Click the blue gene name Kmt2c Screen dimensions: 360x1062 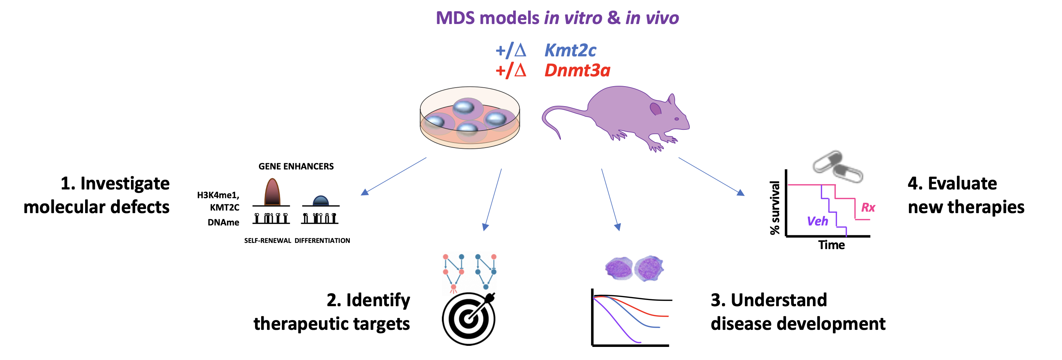[570, 50]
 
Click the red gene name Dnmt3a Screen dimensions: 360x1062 [577, 71]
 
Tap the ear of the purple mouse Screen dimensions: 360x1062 [655, 108]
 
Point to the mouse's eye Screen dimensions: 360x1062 [676, 119]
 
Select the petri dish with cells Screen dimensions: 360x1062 [470, 117]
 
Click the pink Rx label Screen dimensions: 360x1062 [868, 207]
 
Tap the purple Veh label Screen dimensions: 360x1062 [817, 221]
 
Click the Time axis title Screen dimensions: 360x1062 [831, 245]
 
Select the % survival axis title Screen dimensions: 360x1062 [775, 208]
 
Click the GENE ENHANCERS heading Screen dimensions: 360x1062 [296, 167]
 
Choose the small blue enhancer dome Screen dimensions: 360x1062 [321, 200]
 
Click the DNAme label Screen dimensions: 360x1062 [223, 223]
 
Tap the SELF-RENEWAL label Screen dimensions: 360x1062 [268, 241]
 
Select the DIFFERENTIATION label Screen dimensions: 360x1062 [322, 241]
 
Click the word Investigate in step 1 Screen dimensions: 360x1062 [125, 184]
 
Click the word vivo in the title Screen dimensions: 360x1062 [662, 18]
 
